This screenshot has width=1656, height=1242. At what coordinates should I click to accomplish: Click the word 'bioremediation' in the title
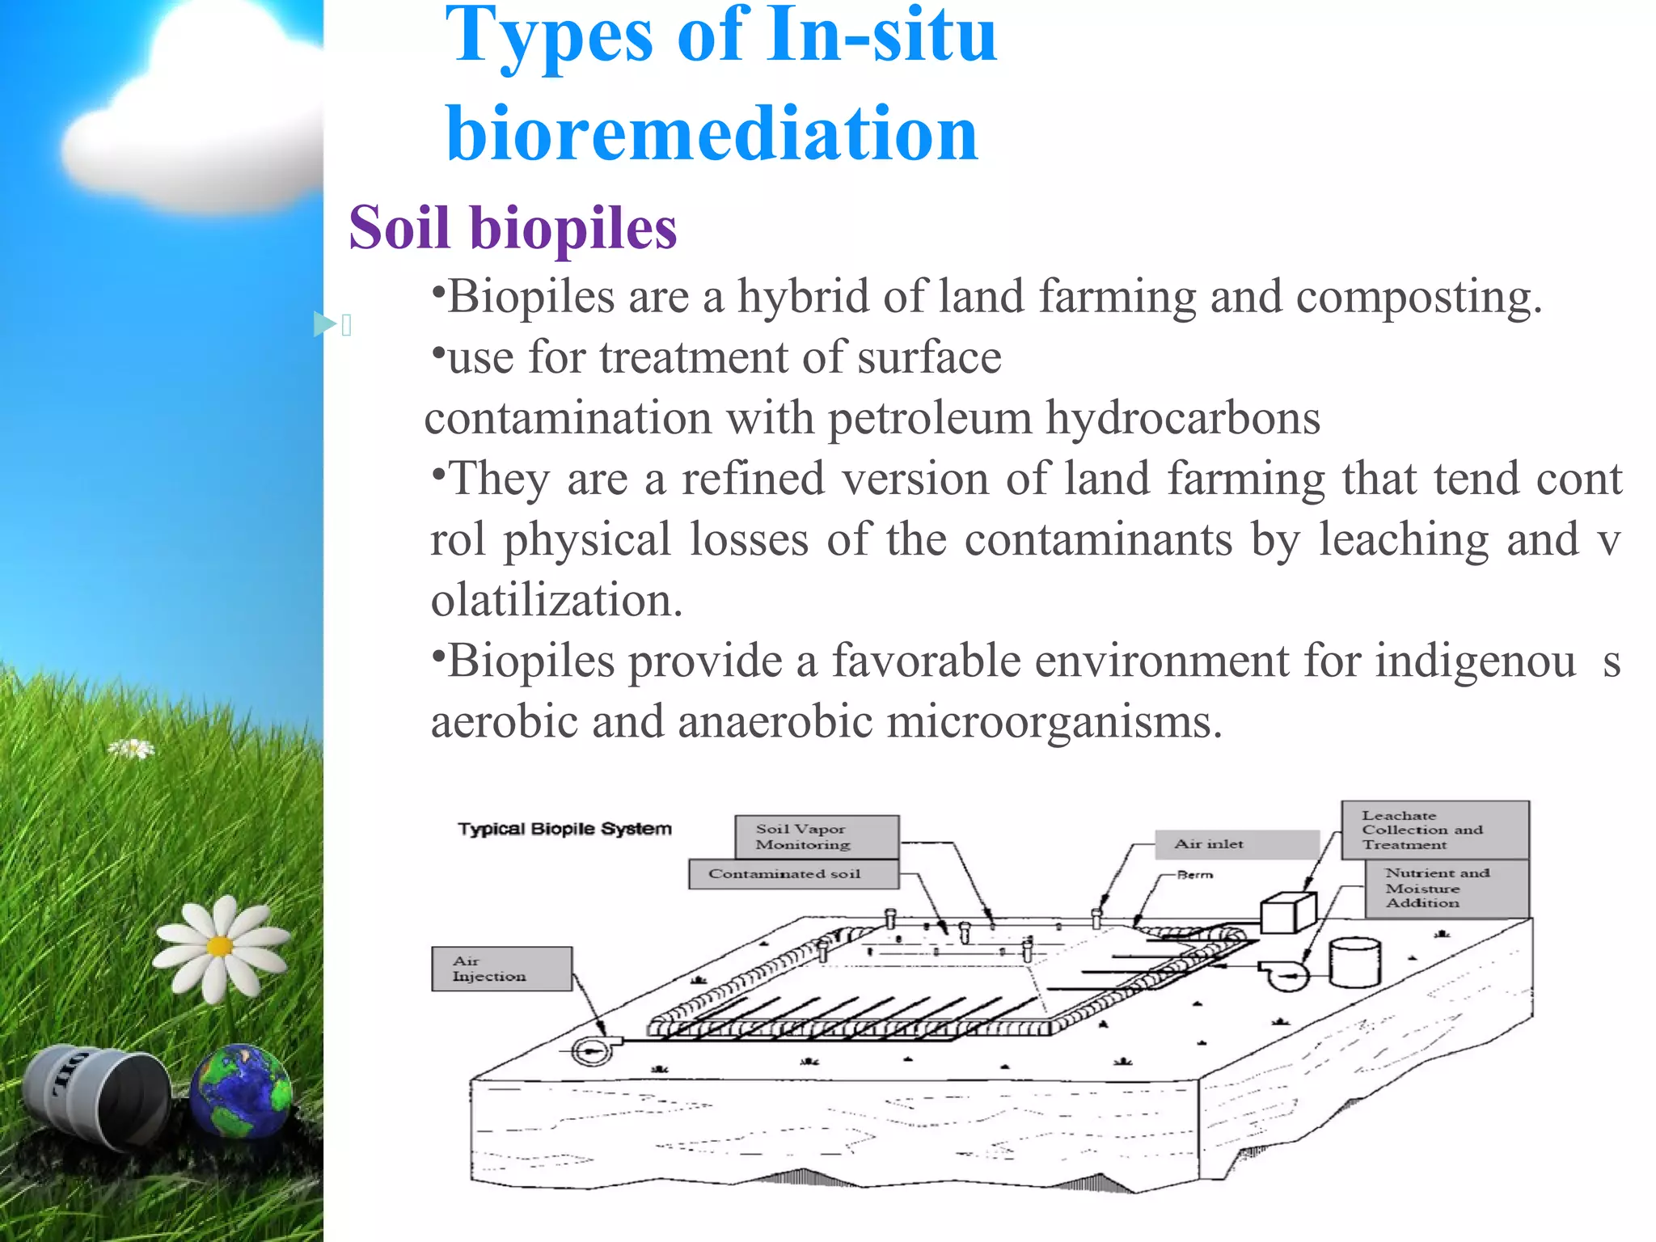pos(712,133)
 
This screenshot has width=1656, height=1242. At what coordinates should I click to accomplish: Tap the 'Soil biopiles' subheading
pos(513,228)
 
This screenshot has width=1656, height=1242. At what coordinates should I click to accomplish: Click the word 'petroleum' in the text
pos(930,418)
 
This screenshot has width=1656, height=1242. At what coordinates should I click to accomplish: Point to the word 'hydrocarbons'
pos(1183,418)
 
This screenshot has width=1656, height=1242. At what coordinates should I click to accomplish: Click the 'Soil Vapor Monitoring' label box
pos(817,836)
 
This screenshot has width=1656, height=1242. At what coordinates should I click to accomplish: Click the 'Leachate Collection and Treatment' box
pos(1434,830)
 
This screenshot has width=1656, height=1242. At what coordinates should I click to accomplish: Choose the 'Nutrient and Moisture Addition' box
pos(1447,888)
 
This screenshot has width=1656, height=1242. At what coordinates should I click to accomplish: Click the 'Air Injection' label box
pos(501,969)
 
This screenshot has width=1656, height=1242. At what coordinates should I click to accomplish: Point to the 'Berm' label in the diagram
pos(1195,875)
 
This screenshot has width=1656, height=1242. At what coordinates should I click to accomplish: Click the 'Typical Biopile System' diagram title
pos(564,829)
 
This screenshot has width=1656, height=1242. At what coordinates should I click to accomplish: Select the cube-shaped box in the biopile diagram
pos(1288,913)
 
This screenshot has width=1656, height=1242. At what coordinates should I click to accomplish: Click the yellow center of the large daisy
pos(219,945)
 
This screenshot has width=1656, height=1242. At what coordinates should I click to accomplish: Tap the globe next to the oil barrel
pos(241,1092)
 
